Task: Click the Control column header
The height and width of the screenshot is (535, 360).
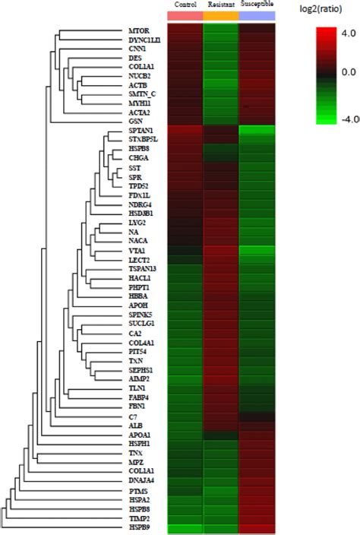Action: click(185, 5)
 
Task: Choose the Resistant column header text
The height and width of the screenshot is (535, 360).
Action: click(220, 5)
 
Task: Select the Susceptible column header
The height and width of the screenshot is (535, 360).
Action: click(257, 5)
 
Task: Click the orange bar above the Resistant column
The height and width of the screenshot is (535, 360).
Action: click(220, 16)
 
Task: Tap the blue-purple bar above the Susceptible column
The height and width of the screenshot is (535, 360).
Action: click(257, 16)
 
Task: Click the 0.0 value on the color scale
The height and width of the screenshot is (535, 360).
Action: click(328, 73)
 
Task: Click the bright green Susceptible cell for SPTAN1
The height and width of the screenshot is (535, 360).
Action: click(257, 131)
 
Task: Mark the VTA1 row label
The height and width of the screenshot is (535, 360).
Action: click(138, 250)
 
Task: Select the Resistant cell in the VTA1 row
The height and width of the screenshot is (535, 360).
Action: click(220, 250)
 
